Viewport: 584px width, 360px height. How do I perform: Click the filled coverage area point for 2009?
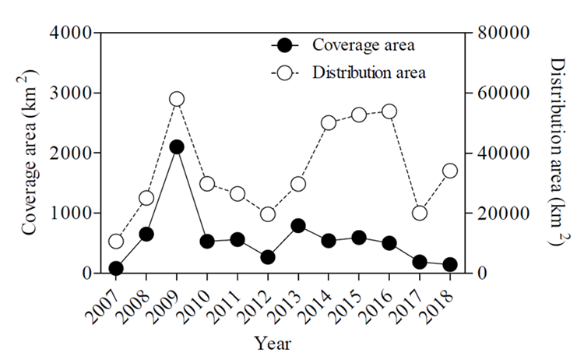177,146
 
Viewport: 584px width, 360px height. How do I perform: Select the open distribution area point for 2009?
177,99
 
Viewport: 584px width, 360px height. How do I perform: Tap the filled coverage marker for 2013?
298,226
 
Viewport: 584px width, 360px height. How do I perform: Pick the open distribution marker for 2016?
389,111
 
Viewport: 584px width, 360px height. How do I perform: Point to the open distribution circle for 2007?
116,241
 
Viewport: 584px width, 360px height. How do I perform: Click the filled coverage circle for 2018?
450,265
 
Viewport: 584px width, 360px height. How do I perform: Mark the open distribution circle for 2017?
420,213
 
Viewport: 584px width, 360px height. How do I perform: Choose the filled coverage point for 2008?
146,234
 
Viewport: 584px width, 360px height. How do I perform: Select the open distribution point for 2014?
329,122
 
